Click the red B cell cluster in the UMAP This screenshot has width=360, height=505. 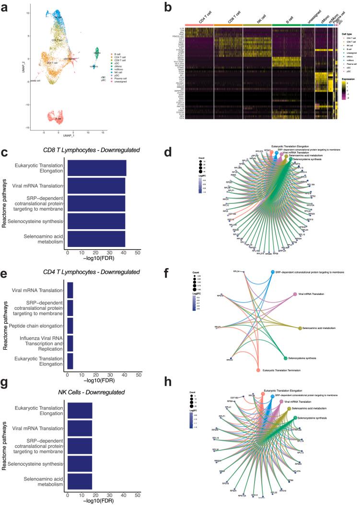tap(59, 118)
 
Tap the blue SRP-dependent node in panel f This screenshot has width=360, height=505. tap(273, 272)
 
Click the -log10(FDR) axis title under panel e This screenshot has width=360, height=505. tap(102, 382)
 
